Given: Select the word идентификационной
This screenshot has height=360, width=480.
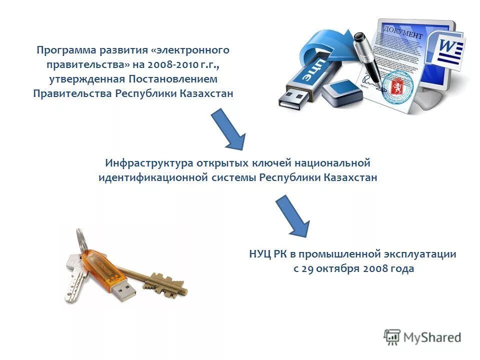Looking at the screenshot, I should [x=159, y=177].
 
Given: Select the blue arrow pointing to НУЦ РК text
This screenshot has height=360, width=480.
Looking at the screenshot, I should [x=293, y=216].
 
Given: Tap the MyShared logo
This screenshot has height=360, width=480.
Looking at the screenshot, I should [x=422, y=336].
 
